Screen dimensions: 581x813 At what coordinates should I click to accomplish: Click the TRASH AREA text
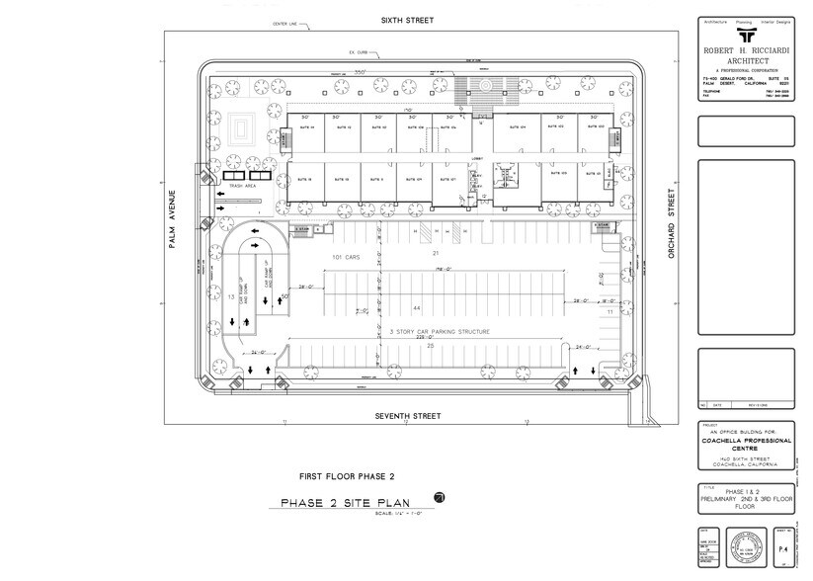(243, 186)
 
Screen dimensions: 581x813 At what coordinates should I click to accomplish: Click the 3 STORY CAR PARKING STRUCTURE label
(428, 332)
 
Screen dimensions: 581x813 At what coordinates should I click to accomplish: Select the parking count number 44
(416, 308)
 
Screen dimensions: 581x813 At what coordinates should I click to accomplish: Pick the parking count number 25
(430, 346)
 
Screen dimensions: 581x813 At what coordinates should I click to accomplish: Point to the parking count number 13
(229, 295)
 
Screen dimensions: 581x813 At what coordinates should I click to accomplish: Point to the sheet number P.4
(783, 546)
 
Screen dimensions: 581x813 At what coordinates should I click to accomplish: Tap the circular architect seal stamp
(745, 546)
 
